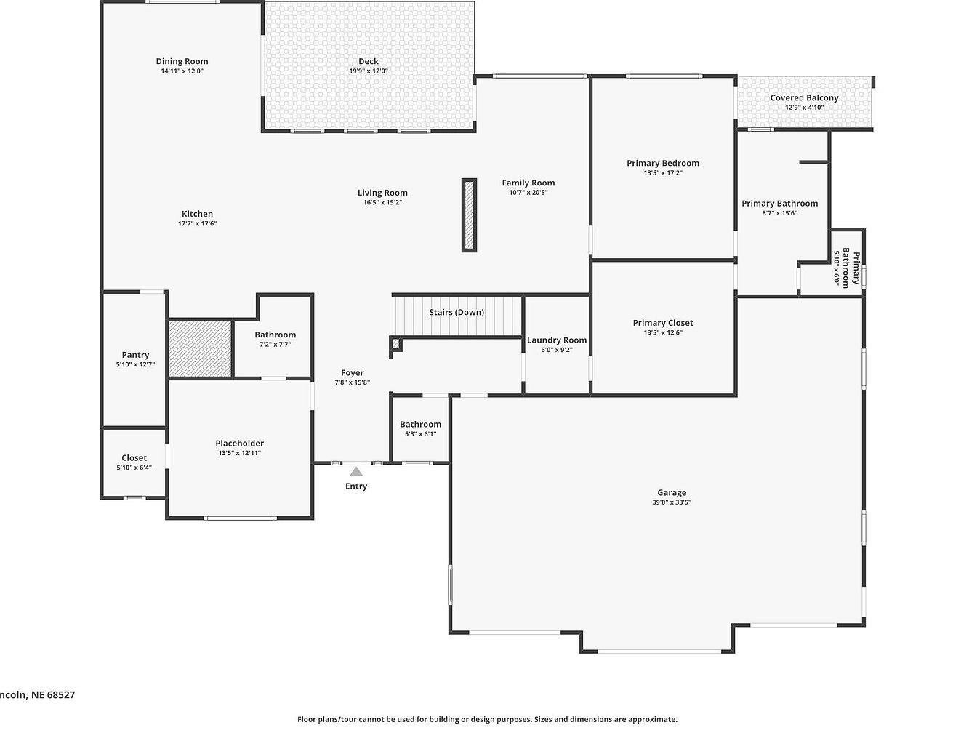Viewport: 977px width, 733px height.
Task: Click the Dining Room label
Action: (182, 61)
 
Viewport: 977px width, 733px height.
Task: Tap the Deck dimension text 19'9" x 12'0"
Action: (369, 71)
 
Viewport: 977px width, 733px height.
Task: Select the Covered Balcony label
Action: (804, 98)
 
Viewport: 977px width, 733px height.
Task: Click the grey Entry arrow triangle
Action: (356, 471)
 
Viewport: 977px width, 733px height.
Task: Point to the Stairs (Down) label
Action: (457, 313)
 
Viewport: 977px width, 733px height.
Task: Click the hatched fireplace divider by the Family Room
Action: (469, 215)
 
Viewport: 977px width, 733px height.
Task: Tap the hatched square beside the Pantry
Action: (200, 349)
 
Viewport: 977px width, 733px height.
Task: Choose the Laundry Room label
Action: (557, 340)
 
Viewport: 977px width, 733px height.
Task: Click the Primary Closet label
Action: (663, 323)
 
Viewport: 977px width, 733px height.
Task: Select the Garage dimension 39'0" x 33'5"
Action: (672, 502)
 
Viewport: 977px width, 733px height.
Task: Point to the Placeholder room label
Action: (239, 444)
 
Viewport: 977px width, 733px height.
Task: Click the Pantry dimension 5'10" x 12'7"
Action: (135, 364)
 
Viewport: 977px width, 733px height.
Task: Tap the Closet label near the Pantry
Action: (134, 458)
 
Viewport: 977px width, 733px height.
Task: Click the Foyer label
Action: (353, 373)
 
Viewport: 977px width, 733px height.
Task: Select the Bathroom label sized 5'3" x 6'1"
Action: (421, 425)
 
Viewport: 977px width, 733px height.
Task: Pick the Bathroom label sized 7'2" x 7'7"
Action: (275, 335)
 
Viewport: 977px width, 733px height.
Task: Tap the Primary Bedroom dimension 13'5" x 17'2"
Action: (663, 173)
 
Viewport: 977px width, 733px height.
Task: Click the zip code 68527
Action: (61, 694)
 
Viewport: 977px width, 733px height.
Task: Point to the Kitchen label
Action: (197, 214)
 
